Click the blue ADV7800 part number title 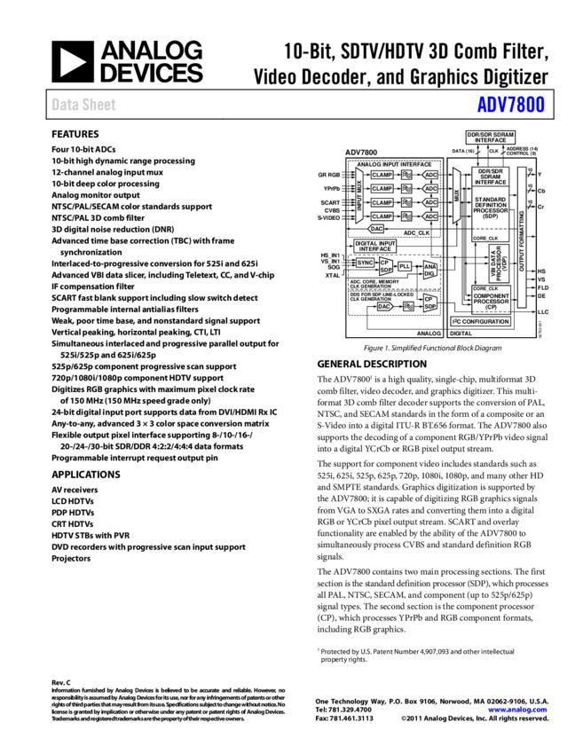tap(510, 105)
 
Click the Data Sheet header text tap(83, 105)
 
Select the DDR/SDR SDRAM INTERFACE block tap(490, 137)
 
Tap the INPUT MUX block tap(359, 195)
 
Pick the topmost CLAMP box tap(382, 175)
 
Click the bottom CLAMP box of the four tap(382, 216)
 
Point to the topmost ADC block tap(430, 175)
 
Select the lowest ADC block tap(430, 216)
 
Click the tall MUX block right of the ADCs tap(457, 195)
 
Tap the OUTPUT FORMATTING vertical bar tap(522, 238)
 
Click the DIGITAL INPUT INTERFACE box tap(375, 246)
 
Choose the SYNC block tap(366, 263)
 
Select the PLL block tap(405, 266)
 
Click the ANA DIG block tap(430, 270)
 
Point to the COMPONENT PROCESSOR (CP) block tap(492, 301)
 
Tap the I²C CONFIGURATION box tap(481, 321)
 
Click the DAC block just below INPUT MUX tap(376, 229)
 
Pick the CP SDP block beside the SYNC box tap(386, 266)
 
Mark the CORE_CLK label tap(485, 288)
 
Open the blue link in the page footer tap(517, 710)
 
